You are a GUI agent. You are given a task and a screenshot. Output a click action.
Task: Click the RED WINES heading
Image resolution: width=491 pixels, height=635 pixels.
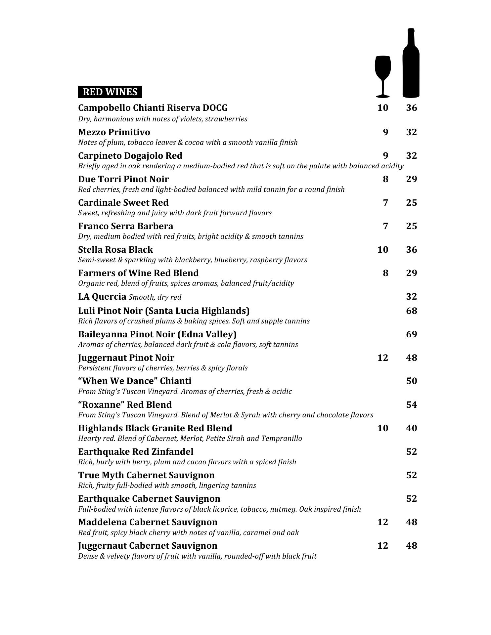110,92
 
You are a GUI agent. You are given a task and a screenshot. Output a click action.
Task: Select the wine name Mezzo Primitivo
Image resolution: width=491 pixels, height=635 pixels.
114,132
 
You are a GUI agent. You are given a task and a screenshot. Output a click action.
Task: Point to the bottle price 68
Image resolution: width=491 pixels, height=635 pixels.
411,311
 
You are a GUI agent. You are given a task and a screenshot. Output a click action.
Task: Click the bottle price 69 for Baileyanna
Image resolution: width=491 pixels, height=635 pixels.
411,334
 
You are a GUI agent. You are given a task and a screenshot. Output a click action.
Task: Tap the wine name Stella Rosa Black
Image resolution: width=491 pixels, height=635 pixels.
115,249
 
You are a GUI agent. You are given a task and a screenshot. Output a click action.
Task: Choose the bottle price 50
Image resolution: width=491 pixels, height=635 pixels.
411,381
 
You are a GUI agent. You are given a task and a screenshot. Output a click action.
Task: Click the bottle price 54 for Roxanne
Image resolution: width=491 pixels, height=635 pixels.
411,404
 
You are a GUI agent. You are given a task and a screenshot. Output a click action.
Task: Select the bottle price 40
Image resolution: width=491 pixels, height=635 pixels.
411,428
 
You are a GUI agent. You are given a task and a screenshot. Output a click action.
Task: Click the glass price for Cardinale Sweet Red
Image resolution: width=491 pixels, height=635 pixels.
385,202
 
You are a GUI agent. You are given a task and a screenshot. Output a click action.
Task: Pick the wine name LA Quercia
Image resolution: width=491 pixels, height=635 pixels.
102,296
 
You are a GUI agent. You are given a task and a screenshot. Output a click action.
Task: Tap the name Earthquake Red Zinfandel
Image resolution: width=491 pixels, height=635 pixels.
136,451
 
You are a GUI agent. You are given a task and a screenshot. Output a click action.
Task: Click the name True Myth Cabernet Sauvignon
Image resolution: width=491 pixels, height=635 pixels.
146,475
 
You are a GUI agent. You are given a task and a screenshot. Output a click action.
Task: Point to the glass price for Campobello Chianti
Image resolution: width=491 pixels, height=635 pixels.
382,107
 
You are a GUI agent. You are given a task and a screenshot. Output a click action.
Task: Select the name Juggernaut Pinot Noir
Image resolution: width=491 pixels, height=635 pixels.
126,358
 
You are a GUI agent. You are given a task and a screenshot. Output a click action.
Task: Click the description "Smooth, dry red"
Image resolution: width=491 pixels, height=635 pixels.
155,297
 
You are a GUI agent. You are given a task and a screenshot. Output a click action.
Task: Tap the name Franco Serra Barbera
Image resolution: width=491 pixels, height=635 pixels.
125,226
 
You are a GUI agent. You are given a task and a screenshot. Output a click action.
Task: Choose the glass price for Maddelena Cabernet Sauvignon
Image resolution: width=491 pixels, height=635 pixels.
382,522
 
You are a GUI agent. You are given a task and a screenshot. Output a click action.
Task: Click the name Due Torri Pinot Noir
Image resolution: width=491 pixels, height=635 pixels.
123,179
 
